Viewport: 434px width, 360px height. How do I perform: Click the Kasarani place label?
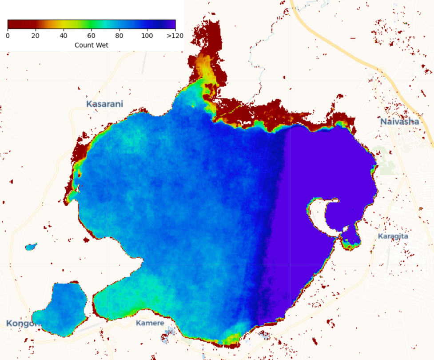[x=104, y=104]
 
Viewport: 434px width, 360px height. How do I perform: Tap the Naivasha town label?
[x=399, y=121]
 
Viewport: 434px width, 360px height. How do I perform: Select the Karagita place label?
[x=393, y=236]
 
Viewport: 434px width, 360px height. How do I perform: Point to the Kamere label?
[x=150, y=323]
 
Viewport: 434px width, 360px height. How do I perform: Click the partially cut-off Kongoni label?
[x=20, y=323]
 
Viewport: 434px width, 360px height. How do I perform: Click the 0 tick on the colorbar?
[x=8, y=36]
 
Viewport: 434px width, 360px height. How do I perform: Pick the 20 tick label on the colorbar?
[x=36, y=36]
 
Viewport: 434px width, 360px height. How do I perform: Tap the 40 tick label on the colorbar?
[x=64, y=36]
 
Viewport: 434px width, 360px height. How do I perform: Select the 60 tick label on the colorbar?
[x=92, y=36]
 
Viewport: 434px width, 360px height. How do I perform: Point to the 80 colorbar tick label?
[x=119, y=36]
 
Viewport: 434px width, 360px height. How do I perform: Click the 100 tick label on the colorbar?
[x=147, y=36]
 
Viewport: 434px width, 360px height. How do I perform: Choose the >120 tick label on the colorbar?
[x=175, y=36]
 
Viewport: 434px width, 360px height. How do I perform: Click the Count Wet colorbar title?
[x=91, y=45]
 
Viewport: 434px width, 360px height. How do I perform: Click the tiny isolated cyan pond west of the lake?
[x=31, y=246]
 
